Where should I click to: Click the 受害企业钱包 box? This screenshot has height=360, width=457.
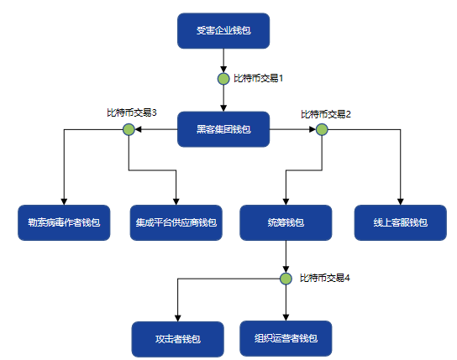point(223,30)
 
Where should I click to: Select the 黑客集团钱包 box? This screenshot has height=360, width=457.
point(223,129)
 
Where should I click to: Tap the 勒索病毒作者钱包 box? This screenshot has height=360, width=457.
point(64,222)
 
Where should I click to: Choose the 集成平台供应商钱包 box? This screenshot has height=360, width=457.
point(176,222)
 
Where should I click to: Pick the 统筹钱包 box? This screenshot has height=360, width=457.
point(286,222)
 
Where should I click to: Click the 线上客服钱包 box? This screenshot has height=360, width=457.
point(401,222)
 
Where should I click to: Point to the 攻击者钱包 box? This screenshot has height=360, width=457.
point(178,339)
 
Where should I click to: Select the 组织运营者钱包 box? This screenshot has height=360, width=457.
point(286,338)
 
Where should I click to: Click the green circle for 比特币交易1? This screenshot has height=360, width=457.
point(223,79)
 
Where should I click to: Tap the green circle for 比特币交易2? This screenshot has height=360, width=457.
point(322,129)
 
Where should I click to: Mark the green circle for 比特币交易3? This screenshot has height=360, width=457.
point(129,129)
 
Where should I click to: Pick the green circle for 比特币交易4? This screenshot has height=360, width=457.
point(286,279)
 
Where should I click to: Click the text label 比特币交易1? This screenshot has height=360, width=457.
point(259,78)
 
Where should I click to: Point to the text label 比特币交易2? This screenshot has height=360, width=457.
point(326,114)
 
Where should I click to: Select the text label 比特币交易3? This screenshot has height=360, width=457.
point(132,112)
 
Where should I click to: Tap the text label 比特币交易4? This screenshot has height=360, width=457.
point(325,279)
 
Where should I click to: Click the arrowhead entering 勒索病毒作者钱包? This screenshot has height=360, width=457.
point(64,201)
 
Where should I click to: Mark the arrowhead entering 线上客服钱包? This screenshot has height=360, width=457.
point(401,201)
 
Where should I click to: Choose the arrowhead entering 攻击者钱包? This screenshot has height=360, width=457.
point(178,318)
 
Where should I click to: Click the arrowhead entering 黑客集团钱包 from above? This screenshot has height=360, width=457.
point(223,108)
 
